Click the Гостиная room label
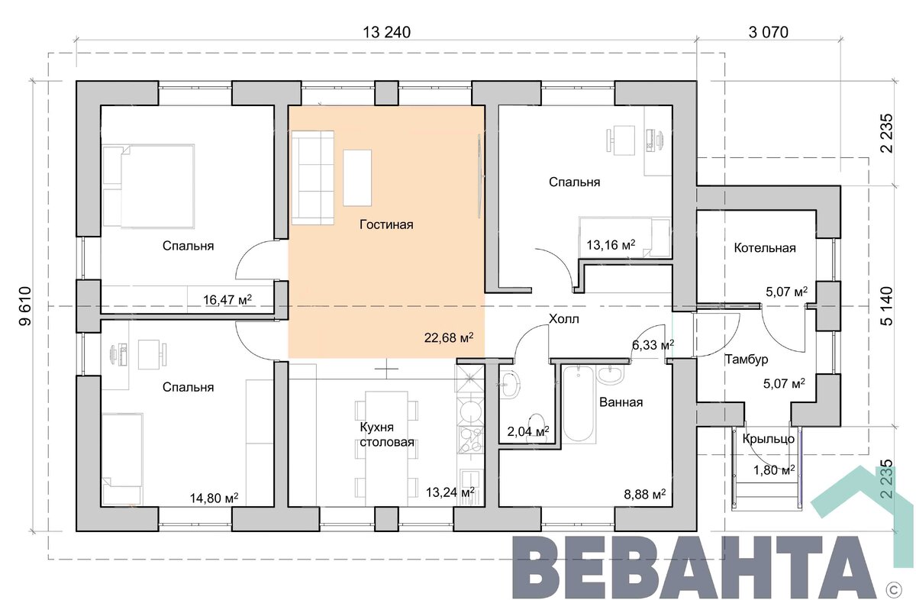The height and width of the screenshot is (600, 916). pyautogui.click(x=386, y=224)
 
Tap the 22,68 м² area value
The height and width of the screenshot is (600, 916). pyautogui.click(x=449, y=338)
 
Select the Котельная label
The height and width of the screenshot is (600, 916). pyautogui.click(x=765, y=248)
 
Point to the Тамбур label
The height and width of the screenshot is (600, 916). pyautogui.click(x=747, y=360)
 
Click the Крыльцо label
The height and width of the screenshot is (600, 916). pyautogui.click(x=769, y=439)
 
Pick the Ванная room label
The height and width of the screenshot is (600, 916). pyautogui.click(x=621, y=402)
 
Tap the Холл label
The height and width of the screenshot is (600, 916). pyautogui.click(x=563, y=318)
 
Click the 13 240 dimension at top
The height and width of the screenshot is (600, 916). pyautogui.click(x=386, y=32)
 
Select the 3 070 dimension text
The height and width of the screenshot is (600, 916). pyautogui.click(x=769, y=32)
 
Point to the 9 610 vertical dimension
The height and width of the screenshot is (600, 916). pyautogui.click(x=25, y=306)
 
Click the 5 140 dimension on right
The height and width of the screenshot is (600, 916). pyautogui.click(x=887, y=306)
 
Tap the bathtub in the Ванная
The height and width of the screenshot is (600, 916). pyautogui.click(x=579, y=403)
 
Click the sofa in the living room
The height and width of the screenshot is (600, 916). pyautogui.click(x=312, y=178)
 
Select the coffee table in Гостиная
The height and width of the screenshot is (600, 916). pyautogui.click(x=357, y=178)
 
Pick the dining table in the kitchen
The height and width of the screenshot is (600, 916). pyautogui.click(x=386, y=449)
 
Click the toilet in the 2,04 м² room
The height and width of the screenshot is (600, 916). pyautogui.click(x=536, y=427)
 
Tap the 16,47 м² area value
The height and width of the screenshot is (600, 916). pyautogui.click(x=227, y=300)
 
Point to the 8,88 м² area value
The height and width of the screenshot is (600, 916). pyautogui.click(x=644, y=495)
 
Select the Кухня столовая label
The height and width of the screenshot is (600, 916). pyautogui.click(x=386, y=435)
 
